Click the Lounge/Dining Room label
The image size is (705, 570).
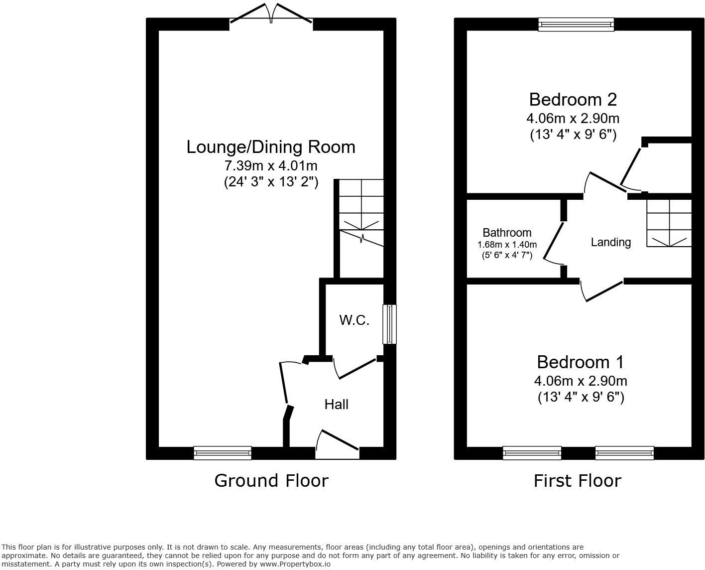click(271, 147)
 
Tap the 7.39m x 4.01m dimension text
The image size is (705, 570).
click(271, 165)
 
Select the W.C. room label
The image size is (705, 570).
click(354, 320)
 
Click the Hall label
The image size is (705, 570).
click(337, 405)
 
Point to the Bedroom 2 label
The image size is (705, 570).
click(573, 100)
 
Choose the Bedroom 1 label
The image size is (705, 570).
click(581, 362)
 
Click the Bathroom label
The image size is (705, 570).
click(507, 233)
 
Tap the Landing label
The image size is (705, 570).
click(611, 242)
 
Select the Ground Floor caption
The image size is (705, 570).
click(271, 480)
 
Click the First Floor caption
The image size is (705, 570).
click(578, 481)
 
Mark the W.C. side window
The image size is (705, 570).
click(389, 324)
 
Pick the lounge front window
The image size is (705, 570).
click(223, 452)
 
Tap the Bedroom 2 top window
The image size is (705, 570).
click(576, 24)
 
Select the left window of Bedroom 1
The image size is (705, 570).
click(532, 452)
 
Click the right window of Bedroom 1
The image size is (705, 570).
click(624, 452)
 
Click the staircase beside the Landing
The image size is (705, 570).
click(669, 223)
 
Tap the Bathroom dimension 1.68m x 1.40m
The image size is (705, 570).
click(507, 245)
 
